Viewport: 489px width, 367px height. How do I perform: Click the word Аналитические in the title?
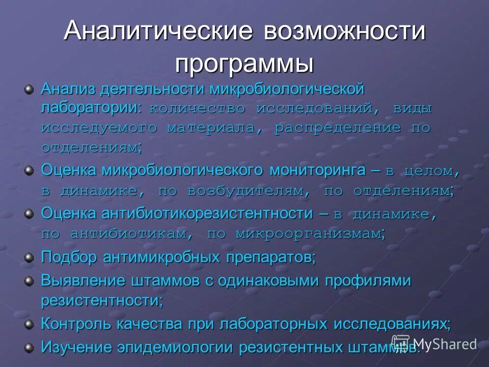(x=158, y=31)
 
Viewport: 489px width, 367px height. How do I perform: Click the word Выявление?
(x=84, y=280)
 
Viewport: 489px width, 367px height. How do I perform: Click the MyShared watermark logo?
(x=434, y=344)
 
